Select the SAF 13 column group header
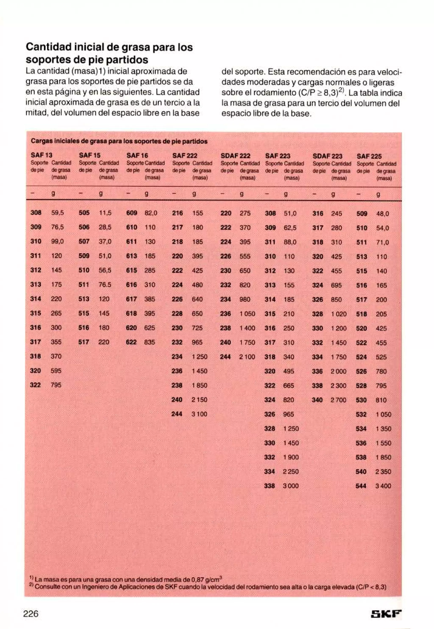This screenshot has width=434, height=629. [41, 155]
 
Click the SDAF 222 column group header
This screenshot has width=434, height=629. [235, 156]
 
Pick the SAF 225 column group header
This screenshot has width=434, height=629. [369, 156]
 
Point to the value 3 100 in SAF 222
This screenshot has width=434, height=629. [200, 414]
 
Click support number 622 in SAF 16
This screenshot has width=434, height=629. [131, 342]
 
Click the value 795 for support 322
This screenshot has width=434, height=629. [56, 385]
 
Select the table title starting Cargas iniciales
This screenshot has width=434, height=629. [119, 141]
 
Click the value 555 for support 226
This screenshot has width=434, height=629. [245, 256]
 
